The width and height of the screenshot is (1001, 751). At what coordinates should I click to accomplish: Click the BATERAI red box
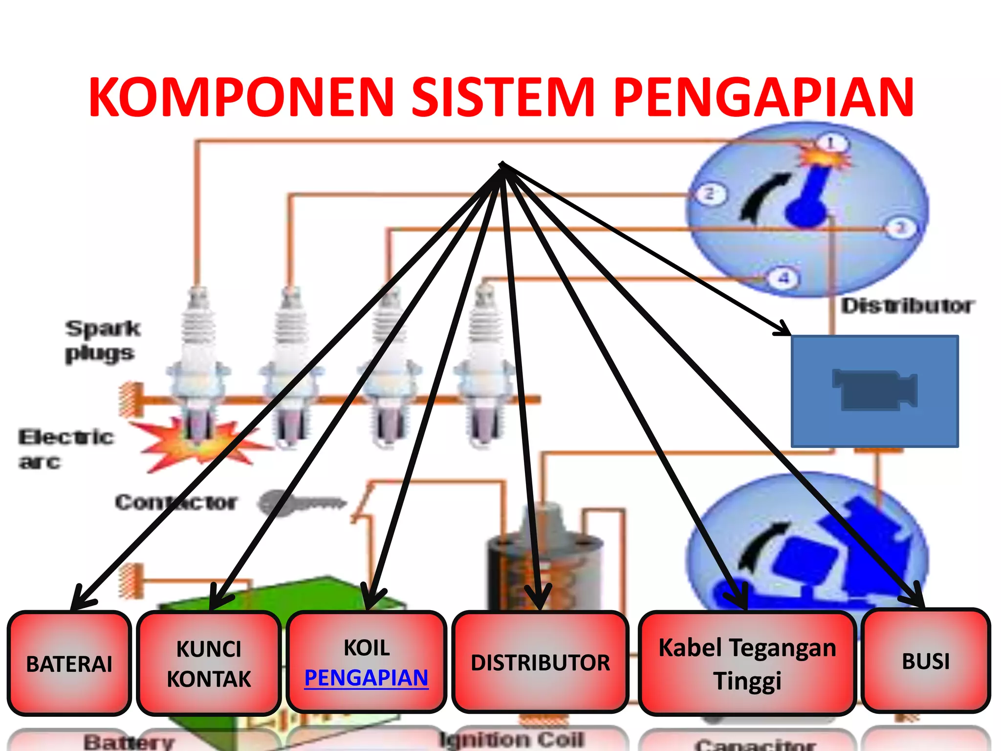click(69, 663)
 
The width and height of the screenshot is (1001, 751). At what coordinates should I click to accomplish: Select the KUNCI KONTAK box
click(209, 663)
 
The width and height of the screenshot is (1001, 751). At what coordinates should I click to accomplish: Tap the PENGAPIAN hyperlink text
click(366, 678)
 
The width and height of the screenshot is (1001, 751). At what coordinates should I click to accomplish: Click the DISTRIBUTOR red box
click(540, 663)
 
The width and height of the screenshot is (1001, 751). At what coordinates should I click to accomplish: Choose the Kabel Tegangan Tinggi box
click(747, 663)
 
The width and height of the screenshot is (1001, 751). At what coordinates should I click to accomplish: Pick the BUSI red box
click(925, 661)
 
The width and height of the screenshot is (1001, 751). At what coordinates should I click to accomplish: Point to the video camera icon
click(875, 390)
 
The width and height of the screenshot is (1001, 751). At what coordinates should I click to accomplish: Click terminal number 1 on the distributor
click(831, 143)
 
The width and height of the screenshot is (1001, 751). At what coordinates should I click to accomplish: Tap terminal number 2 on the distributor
click(709, 194)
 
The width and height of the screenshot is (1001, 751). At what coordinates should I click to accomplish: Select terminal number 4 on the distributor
click(784, 279)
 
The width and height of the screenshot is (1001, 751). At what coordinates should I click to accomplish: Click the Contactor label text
click(176, 502)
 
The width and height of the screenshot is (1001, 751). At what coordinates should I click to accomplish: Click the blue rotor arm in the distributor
click(809, 200)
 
